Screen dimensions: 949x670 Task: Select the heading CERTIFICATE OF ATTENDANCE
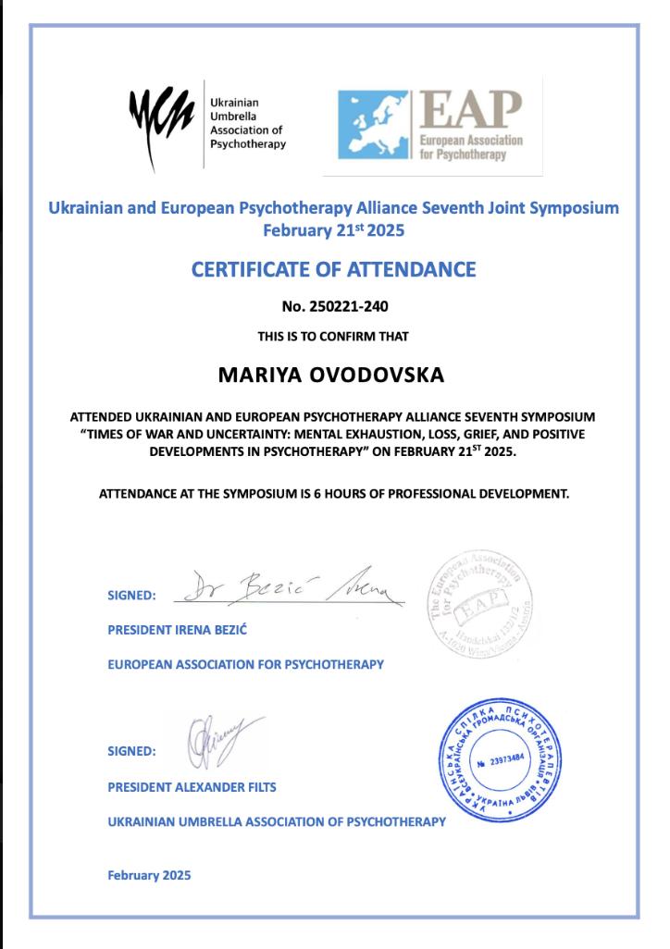(333, 269)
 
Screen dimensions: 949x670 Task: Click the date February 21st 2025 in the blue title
(333, 228)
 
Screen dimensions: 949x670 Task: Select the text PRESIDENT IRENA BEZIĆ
(178, 631)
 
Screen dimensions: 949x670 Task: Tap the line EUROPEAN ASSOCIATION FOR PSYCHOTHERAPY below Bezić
(245, 664)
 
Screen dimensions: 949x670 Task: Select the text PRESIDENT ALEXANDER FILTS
(192, 787)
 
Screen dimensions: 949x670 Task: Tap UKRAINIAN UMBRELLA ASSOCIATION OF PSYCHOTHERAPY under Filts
(276, 820)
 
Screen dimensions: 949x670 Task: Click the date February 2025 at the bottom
(149, 875)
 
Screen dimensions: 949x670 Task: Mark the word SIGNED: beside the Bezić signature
(131, 595)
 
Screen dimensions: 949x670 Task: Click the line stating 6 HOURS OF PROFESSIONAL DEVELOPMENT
(333, 493)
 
